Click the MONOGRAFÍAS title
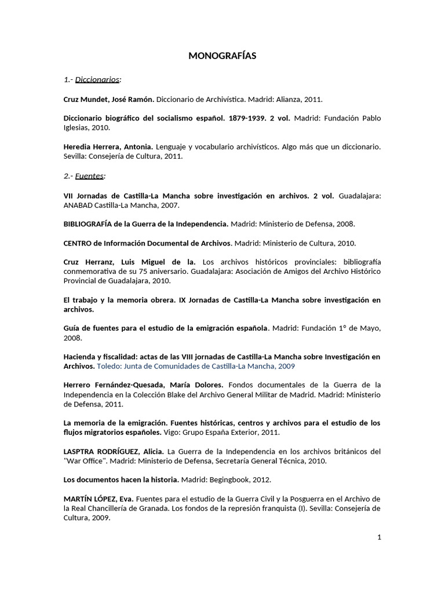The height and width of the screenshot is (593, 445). point(222,56)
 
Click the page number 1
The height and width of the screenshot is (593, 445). point(379,537)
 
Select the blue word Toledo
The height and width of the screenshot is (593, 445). point(109,366)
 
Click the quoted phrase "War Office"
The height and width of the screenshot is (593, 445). point(84,461)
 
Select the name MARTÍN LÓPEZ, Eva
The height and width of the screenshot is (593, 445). point(105,499)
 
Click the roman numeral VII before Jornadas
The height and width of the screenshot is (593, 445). point(69,195)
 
